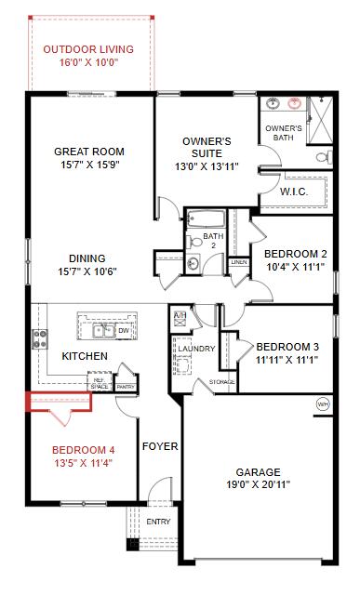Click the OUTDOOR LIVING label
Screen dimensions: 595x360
pos(87,48)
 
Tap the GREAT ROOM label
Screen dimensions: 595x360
pos(89,152)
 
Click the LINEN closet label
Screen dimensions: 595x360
pos(239,263)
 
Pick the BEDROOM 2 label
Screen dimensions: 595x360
pos(295,254)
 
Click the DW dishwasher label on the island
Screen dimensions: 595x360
pos(123,328)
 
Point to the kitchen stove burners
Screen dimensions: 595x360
pos(41,338)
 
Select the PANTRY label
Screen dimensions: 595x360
pos(127,387)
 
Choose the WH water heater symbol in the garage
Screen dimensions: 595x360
pos(323,404)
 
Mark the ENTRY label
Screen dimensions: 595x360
pos(158,522)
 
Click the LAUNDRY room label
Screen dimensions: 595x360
pos(196,350)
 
